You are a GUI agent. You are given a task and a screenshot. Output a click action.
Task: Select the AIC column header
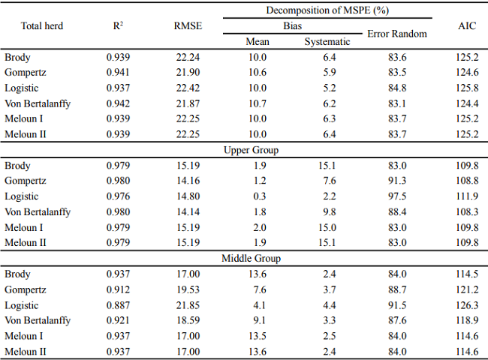pos(467,26)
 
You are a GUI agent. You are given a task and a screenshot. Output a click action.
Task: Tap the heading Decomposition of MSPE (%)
pos(321,10)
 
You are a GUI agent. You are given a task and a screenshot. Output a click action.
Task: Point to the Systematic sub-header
pos(327,42)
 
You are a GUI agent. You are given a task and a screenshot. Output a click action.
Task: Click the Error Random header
pos(396,34)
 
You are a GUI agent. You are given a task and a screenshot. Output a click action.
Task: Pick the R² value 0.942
pos(117,103)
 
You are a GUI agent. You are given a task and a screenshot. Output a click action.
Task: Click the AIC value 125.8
pos(467,88)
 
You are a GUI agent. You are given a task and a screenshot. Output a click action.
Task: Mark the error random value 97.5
pos(396,196)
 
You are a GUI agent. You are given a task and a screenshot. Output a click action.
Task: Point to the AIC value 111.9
pos(467,196)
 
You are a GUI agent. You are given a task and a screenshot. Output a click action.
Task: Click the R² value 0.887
pos(117,305)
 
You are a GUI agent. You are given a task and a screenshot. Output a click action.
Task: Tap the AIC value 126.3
pos(467,305)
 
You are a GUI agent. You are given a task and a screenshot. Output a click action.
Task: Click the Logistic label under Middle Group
pos(23,305)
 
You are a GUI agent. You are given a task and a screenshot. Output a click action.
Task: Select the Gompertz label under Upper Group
pos(26,181)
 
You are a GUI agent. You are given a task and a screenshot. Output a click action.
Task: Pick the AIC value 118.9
pos(467,320)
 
